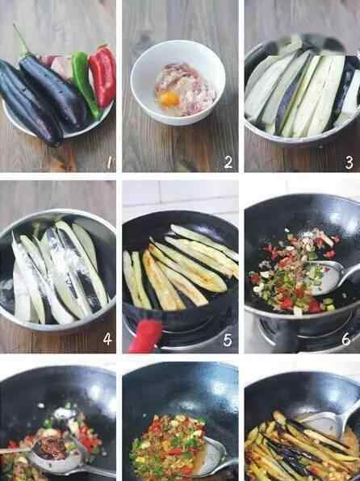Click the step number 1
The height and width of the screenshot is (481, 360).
tap(109, 162)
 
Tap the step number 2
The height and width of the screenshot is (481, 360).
tap(228, 162)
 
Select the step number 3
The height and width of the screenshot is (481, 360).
tap(349, 162)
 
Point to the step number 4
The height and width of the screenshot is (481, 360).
tap(107, 339)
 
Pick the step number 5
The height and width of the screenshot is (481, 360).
tap(228, 340)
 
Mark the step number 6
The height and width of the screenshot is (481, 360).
tap(346, 339)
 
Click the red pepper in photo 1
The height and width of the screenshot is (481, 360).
tap(103, 76)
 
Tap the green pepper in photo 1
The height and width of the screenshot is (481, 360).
tap(85, 85)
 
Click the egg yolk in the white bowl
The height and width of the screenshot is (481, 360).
tap(170, 100)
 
